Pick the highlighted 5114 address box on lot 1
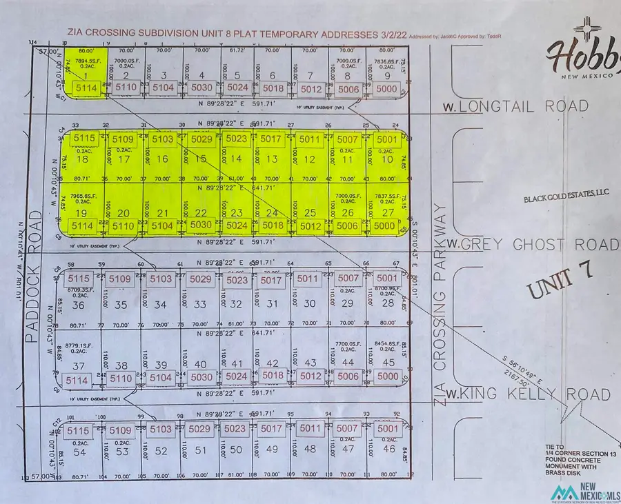point(86,88)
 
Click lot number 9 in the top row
point(388,75)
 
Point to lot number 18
point(84,159)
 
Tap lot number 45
point(388,363)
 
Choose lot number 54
point(79,452)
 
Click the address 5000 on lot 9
point(388,88)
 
